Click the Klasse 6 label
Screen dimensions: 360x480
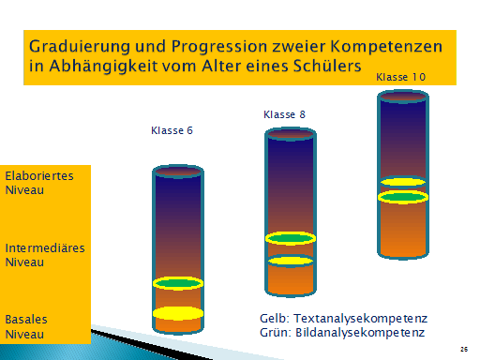172,130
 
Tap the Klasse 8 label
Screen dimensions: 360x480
285,114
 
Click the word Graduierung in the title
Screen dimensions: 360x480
76,46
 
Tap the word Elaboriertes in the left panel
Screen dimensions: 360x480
39,175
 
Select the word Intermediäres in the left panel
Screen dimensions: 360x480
43,248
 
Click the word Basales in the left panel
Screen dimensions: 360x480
26,319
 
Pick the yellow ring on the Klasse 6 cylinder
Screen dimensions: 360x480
178,313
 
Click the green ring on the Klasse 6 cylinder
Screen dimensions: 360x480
178,283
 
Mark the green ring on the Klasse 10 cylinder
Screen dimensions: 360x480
403,197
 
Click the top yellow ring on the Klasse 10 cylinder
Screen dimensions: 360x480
403,182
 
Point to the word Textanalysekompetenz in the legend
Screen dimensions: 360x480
357,318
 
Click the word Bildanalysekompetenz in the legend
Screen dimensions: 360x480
360,332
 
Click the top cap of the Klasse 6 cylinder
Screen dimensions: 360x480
178,172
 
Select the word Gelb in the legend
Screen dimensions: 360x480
275,318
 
